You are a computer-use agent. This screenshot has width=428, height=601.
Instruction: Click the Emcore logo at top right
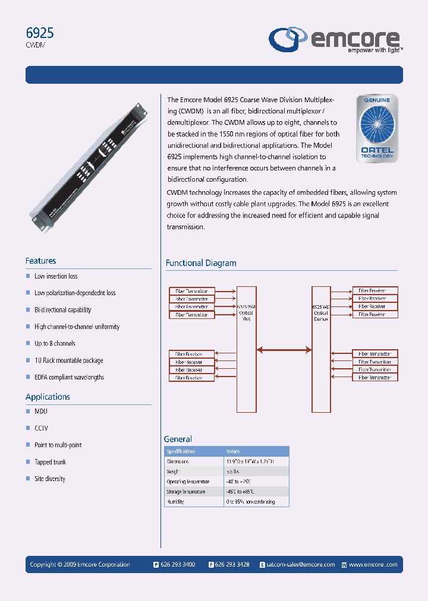click(335, 40)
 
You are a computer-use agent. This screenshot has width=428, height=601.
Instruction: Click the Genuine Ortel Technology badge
click(376, 128)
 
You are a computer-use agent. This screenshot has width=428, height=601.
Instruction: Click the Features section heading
click(40, 261)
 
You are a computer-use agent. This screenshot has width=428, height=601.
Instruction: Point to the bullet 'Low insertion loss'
click(56, 276)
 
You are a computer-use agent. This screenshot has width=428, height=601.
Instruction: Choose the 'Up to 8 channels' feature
click(55, 343)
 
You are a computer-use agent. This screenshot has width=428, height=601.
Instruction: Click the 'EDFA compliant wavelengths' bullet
click(69, 377)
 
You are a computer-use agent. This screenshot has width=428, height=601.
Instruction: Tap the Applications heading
click(48, 397)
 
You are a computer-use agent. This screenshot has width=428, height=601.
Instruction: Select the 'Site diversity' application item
click(50, 479)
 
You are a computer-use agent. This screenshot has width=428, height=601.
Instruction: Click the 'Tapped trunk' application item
click(50, 462)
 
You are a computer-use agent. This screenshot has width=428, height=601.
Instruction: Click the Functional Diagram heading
click(200, 263)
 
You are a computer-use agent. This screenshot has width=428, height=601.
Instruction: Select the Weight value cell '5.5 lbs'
click(233, 471)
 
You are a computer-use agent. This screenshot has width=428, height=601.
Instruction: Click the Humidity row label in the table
click(175, 502)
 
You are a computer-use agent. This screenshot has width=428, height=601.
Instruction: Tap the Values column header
click(233, 451)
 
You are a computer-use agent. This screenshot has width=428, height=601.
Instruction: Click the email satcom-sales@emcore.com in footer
click(301, 565)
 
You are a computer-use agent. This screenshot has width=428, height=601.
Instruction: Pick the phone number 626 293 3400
click(178, 565)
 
